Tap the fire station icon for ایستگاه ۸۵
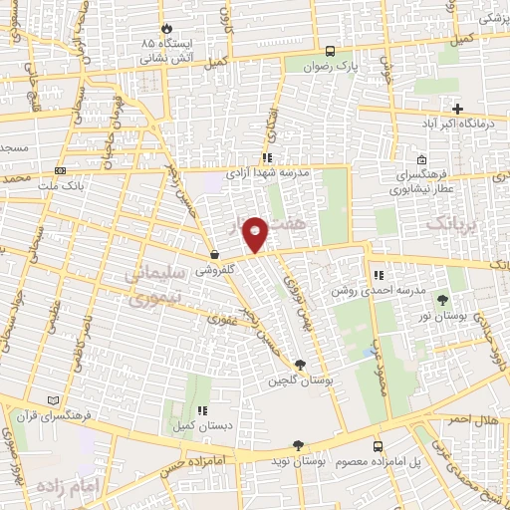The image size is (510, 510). [x=165, y=30]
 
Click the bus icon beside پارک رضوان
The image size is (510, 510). [x=330, y=51]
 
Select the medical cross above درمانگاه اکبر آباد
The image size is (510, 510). [x=457, y=108]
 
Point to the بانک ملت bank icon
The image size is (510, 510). [x=60, y=171]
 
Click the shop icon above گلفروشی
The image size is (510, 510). [x=214, y=255]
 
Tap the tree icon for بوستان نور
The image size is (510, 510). [x=442, y=300]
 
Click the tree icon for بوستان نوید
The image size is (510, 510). [x=296, y=445]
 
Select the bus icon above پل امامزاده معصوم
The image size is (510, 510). [x=378, y=446]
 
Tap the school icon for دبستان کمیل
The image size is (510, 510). [x=202, y=409]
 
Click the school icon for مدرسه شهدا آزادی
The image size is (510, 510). [x=266, y=157]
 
